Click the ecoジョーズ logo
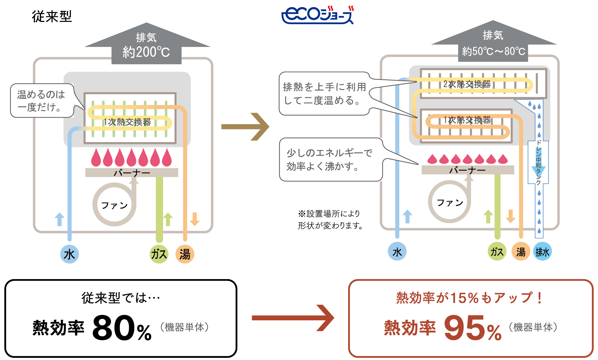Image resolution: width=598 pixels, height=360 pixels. coord(317,15)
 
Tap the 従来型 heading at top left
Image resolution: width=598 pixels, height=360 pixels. coord(52,16)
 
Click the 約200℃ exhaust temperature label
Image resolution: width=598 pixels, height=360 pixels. coord(146,52)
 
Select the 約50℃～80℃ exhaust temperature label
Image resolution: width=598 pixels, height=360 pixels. coord(493,51)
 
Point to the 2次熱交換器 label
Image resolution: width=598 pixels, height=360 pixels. coord(467,84)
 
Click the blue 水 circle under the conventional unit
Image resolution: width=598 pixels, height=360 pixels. coord(69,254)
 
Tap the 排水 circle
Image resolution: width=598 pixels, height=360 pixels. coord(542,252)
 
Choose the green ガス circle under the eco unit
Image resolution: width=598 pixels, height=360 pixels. coord(497,252)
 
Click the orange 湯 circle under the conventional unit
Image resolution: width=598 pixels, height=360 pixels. coord(185,254)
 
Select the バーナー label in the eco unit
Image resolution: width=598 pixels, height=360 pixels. coord(468,170)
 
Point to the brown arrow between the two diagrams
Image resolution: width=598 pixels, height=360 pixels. coord(245,127)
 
